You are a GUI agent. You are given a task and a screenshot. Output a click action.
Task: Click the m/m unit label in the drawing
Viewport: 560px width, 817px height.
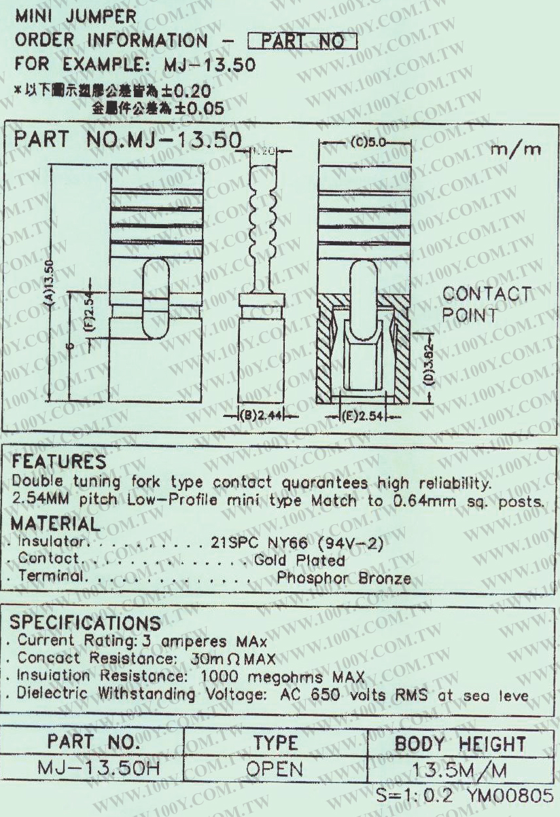[x=514, y=148]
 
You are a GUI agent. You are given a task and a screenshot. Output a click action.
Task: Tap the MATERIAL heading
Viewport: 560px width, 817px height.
[x=56, y=525]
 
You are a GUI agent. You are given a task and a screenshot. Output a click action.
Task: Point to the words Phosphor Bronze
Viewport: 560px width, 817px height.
[x=344, y=579]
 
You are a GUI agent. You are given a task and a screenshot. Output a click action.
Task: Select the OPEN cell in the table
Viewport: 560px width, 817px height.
[x=275, y=768]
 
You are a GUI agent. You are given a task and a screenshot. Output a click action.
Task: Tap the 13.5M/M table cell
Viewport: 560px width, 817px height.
[x=459, y=768]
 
